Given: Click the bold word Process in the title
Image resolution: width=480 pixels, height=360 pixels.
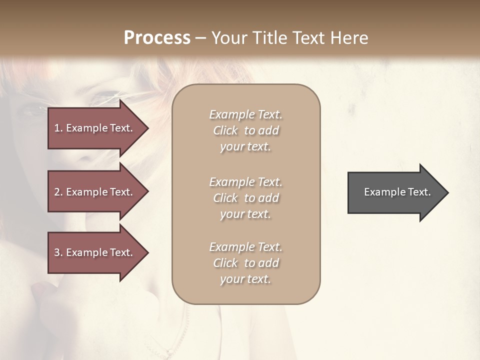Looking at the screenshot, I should pyautogui.click(x=157, y=38).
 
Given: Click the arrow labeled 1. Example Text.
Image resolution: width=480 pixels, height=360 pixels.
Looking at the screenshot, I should pyautogui.click(x=95, y=128).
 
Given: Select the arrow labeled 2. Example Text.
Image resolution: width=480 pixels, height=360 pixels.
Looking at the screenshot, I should pyautogui.click(x=95, y=192).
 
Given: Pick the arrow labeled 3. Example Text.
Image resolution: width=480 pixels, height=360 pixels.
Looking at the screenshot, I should pyautogui.click(x=95, y=252).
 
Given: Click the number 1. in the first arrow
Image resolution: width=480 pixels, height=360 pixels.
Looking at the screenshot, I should pyautogui.click(x=58, y=128).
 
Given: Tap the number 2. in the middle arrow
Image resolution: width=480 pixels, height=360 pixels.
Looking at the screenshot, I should pyautogui.click(x=58, y=192).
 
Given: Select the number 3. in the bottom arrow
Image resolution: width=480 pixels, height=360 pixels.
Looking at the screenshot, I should pyautogui.click(x=58, y=252).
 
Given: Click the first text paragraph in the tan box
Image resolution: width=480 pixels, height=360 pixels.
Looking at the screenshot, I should pyautogui.click(x=246, y=130).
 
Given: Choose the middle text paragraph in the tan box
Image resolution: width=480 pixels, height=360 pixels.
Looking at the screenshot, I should pyautogui.click(x=246, y=198).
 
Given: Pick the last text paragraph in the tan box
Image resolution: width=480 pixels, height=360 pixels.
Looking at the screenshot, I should pyautogui.click(x=246, y=263).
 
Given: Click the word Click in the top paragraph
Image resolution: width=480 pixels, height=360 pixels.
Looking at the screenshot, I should pyautogui.click(x=225, y=130).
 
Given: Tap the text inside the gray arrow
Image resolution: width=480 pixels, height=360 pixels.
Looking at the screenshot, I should pyautogui.click(x=397, y=192).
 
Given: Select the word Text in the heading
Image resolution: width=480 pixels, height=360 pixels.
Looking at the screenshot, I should pyautogui.click(x=308, y=38).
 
